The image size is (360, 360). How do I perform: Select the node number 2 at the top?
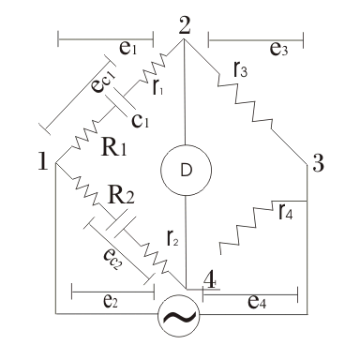[x=185, y=25]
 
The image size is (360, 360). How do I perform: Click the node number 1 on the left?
[x=43, y=161]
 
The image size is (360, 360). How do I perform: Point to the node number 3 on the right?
[x=318, y=163]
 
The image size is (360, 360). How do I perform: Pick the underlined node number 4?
[x=210, y=280]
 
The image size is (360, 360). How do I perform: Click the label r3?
[x=240, y=69]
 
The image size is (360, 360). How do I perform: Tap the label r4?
[x=286, y=211]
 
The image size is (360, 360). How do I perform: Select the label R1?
[x=114, y=147]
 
